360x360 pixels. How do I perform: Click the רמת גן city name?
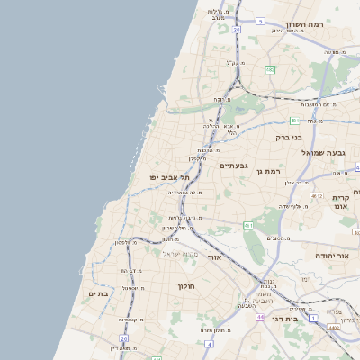point(268,171)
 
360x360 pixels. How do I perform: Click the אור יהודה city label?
point(330,256)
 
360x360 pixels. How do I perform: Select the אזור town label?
point(214,257)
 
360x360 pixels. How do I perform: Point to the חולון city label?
point(186,286)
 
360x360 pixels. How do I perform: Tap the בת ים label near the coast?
point(98,293)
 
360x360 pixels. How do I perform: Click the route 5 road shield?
point(260,20)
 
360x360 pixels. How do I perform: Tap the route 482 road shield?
point(270,68)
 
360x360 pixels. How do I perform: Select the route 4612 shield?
point(316,195)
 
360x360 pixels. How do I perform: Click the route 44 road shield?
point(258,317)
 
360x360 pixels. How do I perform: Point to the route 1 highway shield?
point(312,319)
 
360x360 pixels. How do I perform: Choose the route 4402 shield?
point(335,328)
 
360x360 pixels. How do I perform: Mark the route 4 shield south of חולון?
point(209,343)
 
